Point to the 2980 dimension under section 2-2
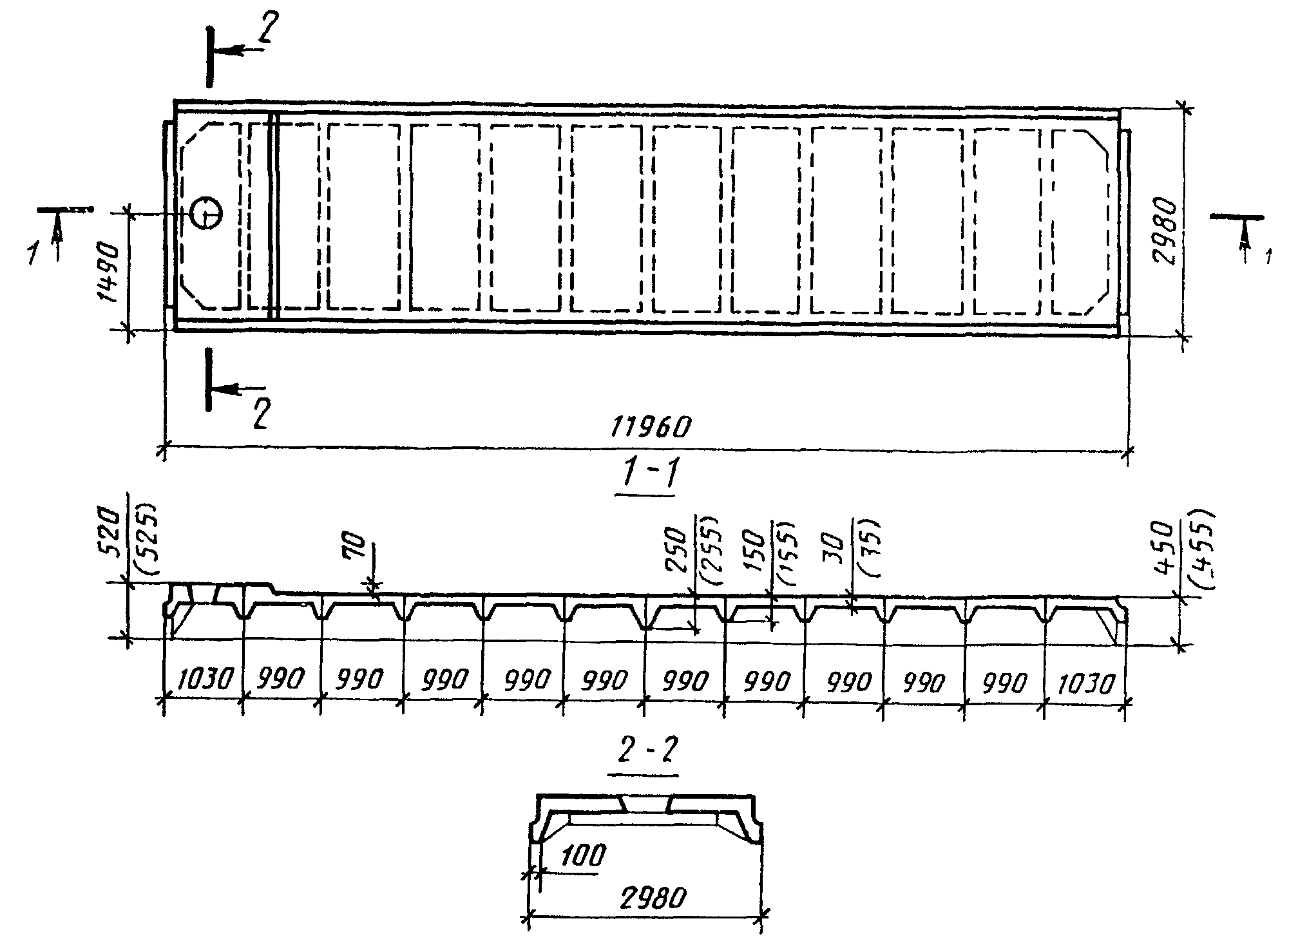(x=652, y=897)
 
